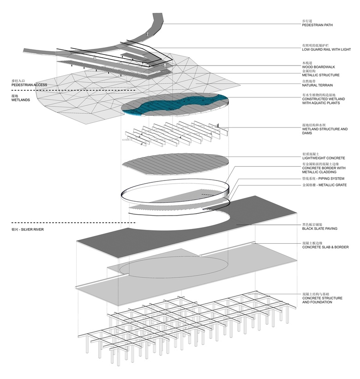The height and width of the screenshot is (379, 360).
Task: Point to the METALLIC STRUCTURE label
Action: click(321, 75)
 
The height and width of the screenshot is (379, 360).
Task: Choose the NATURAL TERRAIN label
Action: click(318, 85)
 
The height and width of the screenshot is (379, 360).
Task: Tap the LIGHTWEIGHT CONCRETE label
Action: click(323, 158)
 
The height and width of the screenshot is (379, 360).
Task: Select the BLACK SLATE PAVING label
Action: click(320, 229)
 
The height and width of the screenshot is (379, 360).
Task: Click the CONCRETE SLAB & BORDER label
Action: click(325, 247)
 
